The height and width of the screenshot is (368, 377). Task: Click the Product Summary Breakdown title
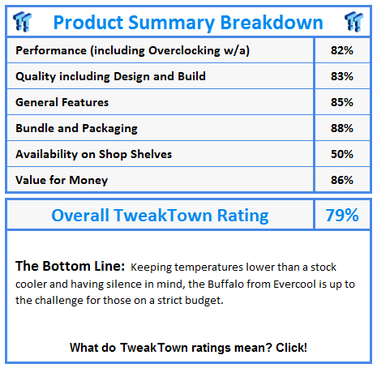(188, 23)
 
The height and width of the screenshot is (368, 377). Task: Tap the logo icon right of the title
(351, 22)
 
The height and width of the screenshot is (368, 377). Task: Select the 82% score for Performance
(342, 50)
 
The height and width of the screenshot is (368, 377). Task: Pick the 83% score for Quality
(342, 76)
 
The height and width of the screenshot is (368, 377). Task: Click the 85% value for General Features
(342, 102)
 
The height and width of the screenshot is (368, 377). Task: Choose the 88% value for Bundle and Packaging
(342, 128)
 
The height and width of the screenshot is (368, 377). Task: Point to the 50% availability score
(342, 154)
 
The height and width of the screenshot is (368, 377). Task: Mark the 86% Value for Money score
(342, 180)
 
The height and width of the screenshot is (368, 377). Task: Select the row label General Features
(62, 102)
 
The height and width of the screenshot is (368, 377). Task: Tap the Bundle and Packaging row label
(77, 128)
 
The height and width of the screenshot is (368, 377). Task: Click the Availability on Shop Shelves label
(94, 154)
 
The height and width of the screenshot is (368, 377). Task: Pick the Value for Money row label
(62, 180)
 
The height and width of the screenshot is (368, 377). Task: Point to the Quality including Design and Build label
(110, 76)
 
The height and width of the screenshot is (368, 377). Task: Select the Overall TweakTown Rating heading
(160, 216)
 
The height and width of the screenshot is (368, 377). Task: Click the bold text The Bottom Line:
(68, 267)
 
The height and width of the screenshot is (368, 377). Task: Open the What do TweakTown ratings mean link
(188, 347)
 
